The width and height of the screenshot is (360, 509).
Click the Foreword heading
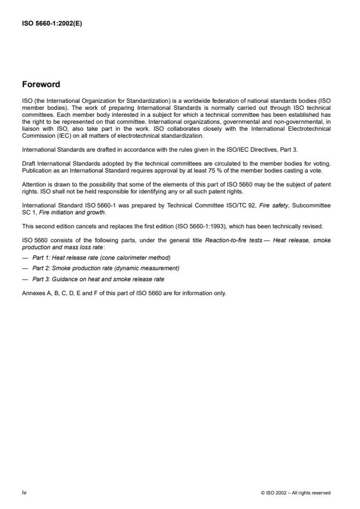point(41,85)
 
